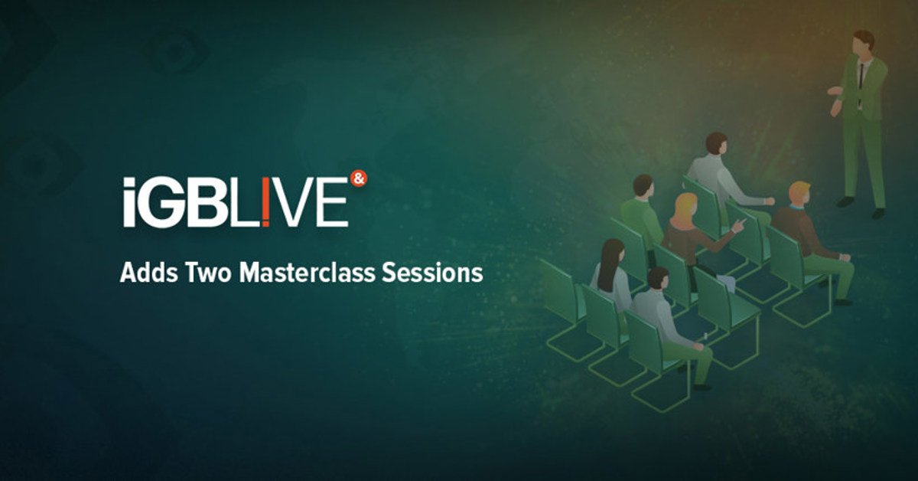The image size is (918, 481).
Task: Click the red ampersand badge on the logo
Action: pos(358,178)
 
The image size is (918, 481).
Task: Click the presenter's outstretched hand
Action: pos(833,91)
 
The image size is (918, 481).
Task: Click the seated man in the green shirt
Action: pos(641,211)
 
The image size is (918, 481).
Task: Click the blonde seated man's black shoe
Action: pos(842,302)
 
